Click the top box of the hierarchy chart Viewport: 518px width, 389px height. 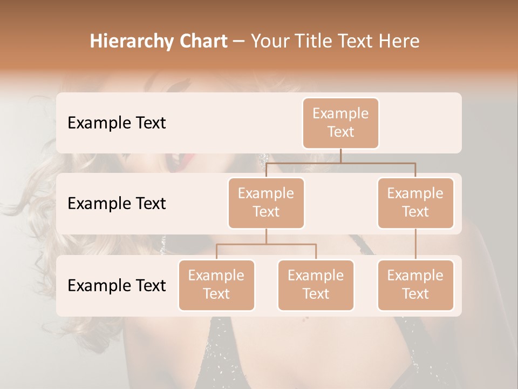tap(340, 123)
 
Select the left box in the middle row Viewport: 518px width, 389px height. tap(266, 203)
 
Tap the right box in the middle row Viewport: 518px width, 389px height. tap(415, 203)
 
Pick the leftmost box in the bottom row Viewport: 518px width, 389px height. tap(216, 285)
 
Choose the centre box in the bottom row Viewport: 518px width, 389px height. tap(316, 285)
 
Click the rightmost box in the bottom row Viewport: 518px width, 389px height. tap(415, 285)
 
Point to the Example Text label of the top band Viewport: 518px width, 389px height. tap(117, 123)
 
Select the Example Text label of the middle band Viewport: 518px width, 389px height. tap(117, 204)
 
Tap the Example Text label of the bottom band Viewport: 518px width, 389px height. tap(117, 286)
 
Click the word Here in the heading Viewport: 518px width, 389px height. tap(399, 42)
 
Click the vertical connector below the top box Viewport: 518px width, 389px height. tap(340, 156)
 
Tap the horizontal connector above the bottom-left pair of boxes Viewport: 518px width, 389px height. tap(266, 244)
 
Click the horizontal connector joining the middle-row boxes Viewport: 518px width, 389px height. tap(340, 163)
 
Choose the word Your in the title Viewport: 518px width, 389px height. tap(270, 42)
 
